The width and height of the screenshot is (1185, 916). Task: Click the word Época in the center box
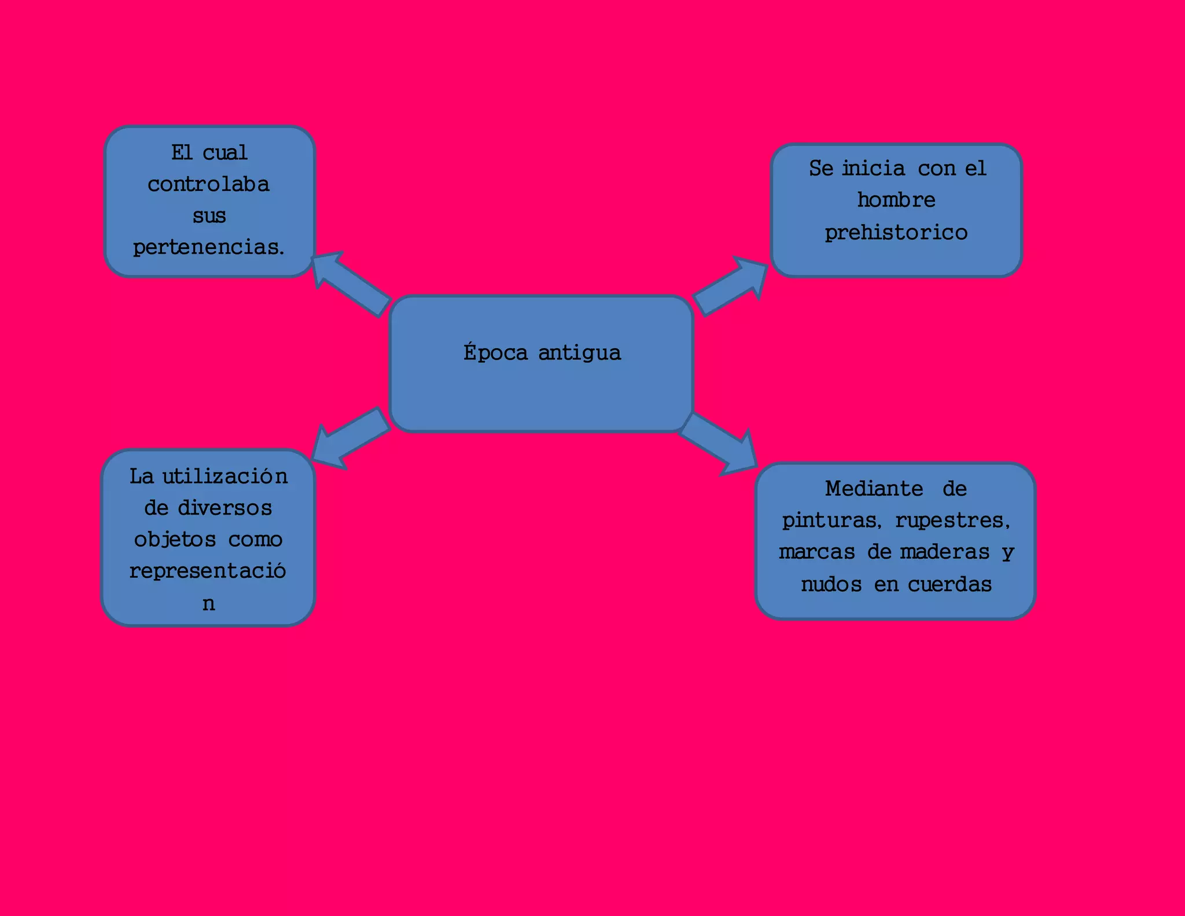click(495, 353)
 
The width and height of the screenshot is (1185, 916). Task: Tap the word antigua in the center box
click(580, 353)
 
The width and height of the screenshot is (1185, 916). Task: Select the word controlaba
click(208, 184)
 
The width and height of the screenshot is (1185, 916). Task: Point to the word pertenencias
click(208, 247)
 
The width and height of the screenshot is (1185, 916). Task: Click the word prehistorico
click(896, 233)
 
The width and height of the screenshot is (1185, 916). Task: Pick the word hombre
click(896, 200)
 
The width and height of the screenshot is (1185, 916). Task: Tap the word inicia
click(873, 168)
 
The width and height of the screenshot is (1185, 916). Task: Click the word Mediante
click(874, 489)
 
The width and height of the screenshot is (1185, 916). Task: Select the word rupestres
click(952, 520)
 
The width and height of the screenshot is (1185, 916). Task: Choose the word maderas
click(944, 552)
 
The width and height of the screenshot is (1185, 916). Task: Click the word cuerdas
click(950, 584)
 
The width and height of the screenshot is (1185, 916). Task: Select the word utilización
click(225, 477)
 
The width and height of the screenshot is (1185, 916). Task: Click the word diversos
click(225, 508)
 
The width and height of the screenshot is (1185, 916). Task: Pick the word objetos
click(175, 540)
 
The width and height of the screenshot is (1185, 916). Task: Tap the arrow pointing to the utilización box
click(349, 438)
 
